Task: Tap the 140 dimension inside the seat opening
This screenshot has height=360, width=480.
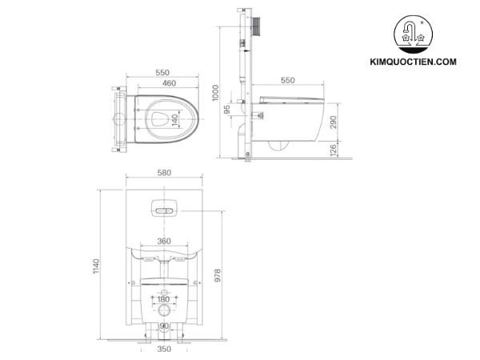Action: coord(175,120)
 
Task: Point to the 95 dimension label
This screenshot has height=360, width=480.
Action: coord(226,109)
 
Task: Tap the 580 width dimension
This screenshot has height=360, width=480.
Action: coord(165,172)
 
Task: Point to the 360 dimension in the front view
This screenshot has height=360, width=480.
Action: coord(163,241)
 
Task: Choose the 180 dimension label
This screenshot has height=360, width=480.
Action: coord(163,300)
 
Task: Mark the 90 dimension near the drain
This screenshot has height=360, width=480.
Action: coord(163,326)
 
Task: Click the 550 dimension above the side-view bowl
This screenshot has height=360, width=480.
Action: coord(288,81)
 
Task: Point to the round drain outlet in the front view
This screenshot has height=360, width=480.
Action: coord(164,310)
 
